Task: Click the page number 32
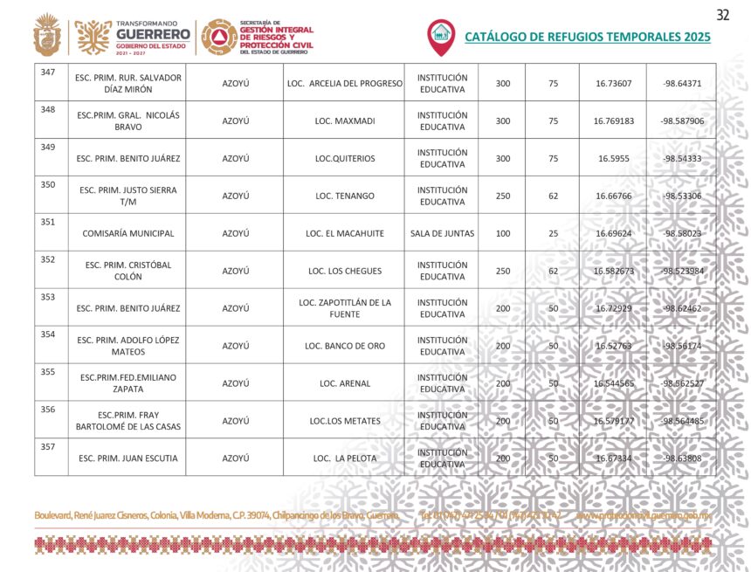coord(722,15)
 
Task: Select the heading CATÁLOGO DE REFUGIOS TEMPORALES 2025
coord(587,37)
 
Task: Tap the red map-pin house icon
coord(441,35)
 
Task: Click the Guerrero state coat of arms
coord(47,36)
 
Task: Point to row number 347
coord(48,72)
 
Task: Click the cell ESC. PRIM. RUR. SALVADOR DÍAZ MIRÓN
coord(128,83)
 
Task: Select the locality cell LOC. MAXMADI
coord(344,121)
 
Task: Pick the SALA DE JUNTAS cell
coord(441,233)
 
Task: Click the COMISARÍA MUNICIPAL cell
coord(128,233)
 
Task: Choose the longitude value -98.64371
coord(682,83)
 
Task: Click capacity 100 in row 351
coord(503,233)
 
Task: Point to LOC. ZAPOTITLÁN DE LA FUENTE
coord(344,308)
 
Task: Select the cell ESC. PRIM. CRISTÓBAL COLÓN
coord(128,271)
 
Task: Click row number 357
coord(48,447)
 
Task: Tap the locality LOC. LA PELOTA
coord(344,458)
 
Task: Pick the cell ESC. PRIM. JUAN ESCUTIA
coord(128,458)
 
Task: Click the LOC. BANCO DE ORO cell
coord(344,346)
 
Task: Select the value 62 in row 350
coord(553,196)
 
